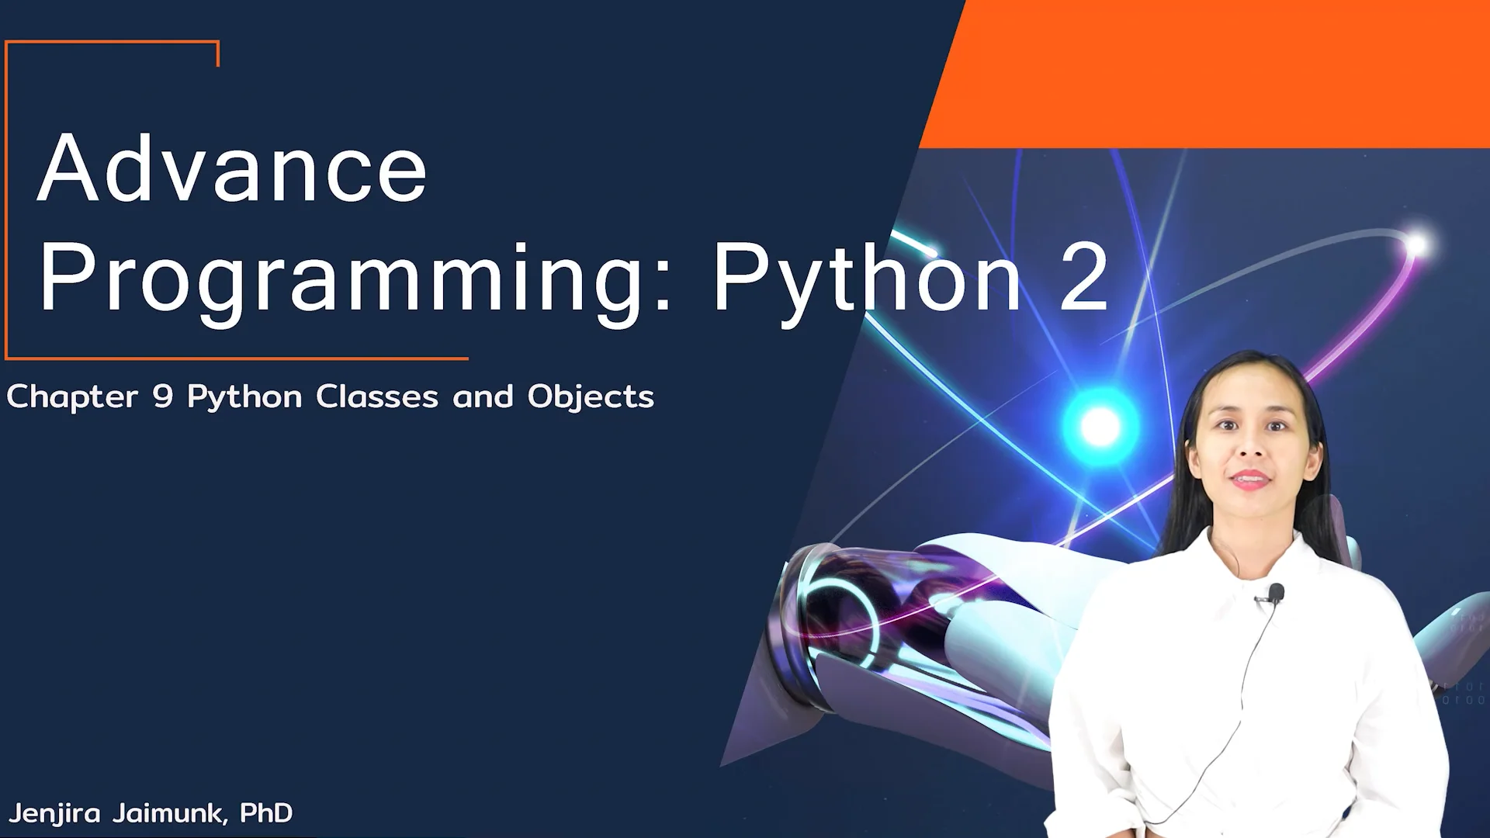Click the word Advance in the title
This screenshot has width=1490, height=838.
(x=232, y=169)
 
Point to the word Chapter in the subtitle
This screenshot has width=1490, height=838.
(x=72, y=397)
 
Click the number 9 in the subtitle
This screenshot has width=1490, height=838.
(x=163, y=397)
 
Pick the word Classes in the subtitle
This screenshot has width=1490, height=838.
(x=377, y=397)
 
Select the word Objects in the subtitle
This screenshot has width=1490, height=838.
(x=591, y=397)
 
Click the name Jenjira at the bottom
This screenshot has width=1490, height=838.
(x=54, y=813)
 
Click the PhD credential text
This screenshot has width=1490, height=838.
(x=266, y=812)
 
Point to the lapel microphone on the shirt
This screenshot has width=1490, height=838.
(x=1275, y=594)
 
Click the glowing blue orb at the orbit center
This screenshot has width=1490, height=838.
(x=1100, y=426)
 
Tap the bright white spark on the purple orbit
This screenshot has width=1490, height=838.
(x=1417, y=245)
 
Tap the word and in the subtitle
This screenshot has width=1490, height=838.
(x=483, y=397)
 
